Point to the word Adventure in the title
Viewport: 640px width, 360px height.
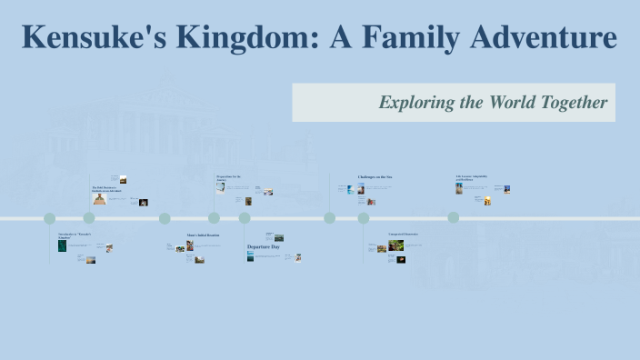pyautogui.click(x=545, y=37)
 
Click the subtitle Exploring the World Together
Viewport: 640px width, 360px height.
pyautogui.click(x=493, y=103)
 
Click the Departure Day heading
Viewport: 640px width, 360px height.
pyautogui.click(x=264, y=246)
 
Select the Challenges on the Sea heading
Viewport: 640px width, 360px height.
pyautogui.click(x=375, y=176)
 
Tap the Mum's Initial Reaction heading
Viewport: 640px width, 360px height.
pyautogui.click(x=203, y=235)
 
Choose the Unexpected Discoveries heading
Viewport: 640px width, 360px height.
pyautogui.click(x=404, y=235)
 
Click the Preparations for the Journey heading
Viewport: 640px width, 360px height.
pyautogui.click(x=228, y=178)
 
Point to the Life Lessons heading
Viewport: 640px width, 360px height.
pyautogui.click(x=472, y=178)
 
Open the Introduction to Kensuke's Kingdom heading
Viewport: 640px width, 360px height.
pyautogui.click(x=75, y=235)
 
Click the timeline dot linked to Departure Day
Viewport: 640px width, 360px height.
pyautogui.click(x=245, y=218)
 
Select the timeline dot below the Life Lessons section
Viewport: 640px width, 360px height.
pyautogui.click(x=454, y=218)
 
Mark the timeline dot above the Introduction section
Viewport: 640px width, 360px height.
pyautogui.click(x=50, y=218)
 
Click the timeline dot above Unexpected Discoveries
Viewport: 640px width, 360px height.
pyautogui.click(x=364, y=218)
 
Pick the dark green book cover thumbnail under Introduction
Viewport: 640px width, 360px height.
pyautogui.click(x=63, y=245)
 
